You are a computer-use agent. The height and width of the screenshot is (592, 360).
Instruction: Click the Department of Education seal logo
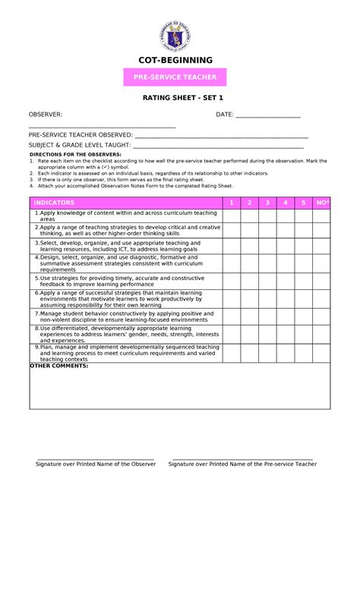click(x=175, y=36)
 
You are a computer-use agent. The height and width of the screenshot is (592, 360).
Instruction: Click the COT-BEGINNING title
click(x=175, y=60)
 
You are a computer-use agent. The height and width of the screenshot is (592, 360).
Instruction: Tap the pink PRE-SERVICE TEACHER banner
click(x=175, y=77)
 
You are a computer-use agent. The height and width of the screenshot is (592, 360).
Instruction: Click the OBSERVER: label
click(x=46, y=115)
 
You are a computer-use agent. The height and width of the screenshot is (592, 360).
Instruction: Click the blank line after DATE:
click(x=268, y=115)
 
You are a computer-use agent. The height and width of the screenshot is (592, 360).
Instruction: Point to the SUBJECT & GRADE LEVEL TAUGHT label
click(x=80, y=144)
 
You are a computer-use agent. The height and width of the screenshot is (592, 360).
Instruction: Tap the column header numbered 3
click(x=267, y=203)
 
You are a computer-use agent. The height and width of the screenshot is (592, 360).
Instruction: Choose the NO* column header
click(x=322, y=203)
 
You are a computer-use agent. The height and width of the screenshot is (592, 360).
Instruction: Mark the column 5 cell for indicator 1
click(x=304, y=216)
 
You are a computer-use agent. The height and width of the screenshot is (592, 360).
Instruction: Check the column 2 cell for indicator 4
click(x=249, y=263)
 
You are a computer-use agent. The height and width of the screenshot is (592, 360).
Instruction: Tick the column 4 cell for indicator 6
click(x=286, y=298)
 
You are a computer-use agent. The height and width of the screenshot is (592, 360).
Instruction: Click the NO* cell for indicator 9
click(x=322, y=353)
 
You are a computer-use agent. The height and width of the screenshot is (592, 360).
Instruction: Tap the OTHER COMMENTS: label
click(x=59, y=366)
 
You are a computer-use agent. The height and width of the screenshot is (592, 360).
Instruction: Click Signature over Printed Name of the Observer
click(x=96, y=464)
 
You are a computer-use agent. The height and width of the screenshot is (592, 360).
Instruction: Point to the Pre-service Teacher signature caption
click(x=244, y=464)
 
